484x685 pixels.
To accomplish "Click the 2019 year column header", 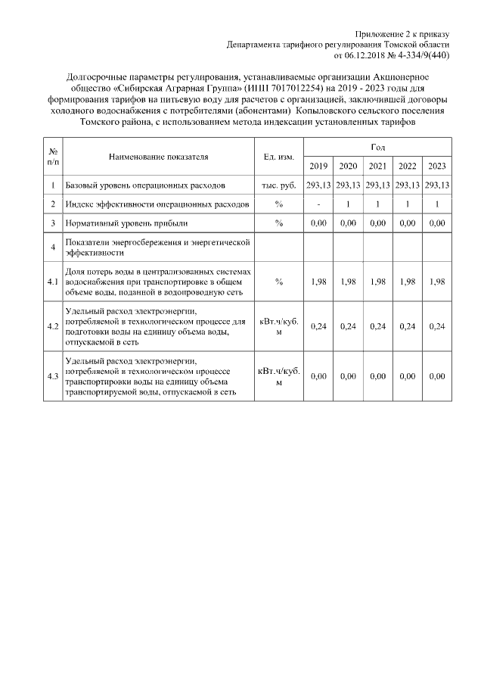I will (318, 167).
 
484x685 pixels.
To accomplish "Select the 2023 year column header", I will (437, 167).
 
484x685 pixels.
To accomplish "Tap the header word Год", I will (378, 145).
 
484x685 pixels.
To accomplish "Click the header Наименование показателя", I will (158, 157).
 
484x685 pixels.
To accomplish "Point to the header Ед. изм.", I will (278, 157).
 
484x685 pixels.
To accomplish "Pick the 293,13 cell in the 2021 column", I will (377, 185).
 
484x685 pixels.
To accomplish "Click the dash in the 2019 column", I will (318, 204).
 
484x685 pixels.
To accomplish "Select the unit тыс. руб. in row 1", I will (278, 185).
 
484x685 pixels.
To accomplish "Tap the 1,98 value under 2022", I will (408, 281).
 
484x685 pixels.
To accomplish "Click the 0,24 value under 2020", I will (348, 326).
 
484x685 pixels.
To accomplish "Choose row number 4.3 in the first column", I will (53, 376).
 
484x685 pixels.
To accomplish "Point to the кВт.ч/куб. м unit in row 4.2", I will (278, 326).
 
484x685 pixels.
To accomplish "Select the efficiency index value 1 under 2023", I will (437, 204).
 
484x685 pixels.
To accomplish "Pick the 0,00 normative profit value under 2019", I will (318, 223).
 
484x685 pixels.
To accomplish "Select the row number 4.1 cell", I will (53, 281).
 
